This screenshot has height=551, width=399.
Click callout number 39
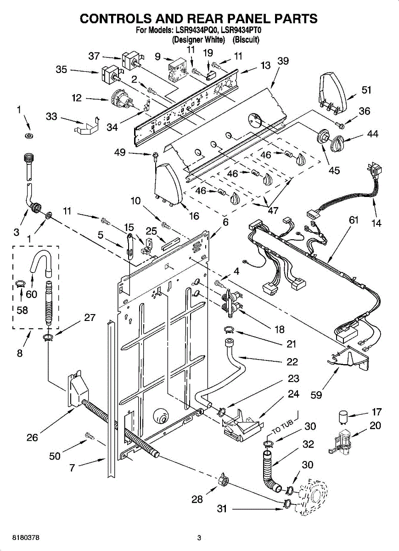pos(283,62)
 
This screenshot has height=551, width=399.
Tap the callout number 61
pos(353,220)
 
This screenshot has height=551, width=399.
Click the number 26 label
pos(32,438)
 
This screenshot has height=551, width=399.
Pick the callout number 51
pos(366,90)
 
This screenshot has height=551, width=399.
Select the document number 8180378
pos(20,538)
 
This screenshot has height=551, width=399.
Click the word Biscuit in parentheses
pos(246,39)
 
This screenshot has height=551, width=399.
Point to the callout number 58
pos(22,310)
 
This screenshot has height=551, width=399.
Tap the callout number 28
pos(197,499)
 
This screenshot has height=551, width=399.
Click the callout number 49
pos(120,152)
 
